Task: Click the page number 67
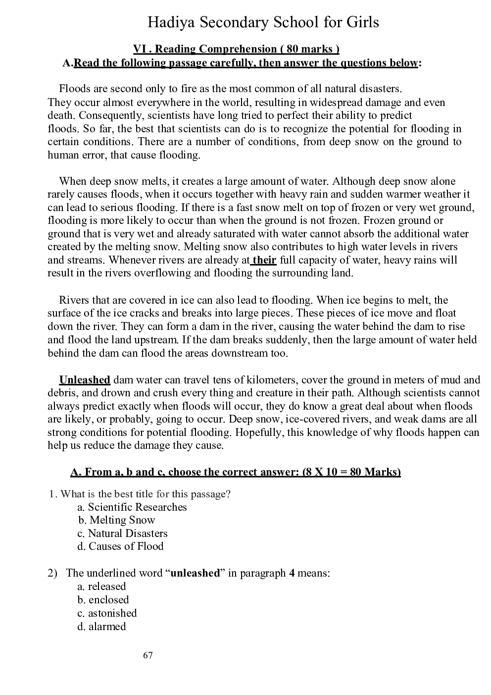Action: [x=148, y=656]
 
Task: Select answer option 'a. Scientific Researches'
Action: [x=132, y=507]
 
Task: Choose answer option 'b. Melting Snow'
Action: [x=117, y=520]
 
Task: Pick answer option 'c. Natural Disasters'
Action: [x=123, y=534]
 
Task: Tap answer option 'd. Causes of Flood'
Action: [x=121, y=546]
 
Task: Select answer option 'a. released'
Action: [x=102, y=587]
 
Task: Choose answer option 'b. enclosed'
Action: [x=103, y=600]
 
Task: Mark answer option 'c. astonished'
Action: [x=107, y=613]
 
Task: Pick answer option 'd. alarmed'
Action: [x=101, y=627]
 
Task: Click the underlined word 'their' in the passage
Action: [x=264, y=260]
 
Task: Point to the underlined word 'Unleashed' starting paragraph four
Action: [x=85, y=380]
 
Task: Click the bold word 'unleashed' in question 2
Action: [x=195, y=573]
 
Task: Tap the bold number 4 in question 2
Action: [x=292, y=573]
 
